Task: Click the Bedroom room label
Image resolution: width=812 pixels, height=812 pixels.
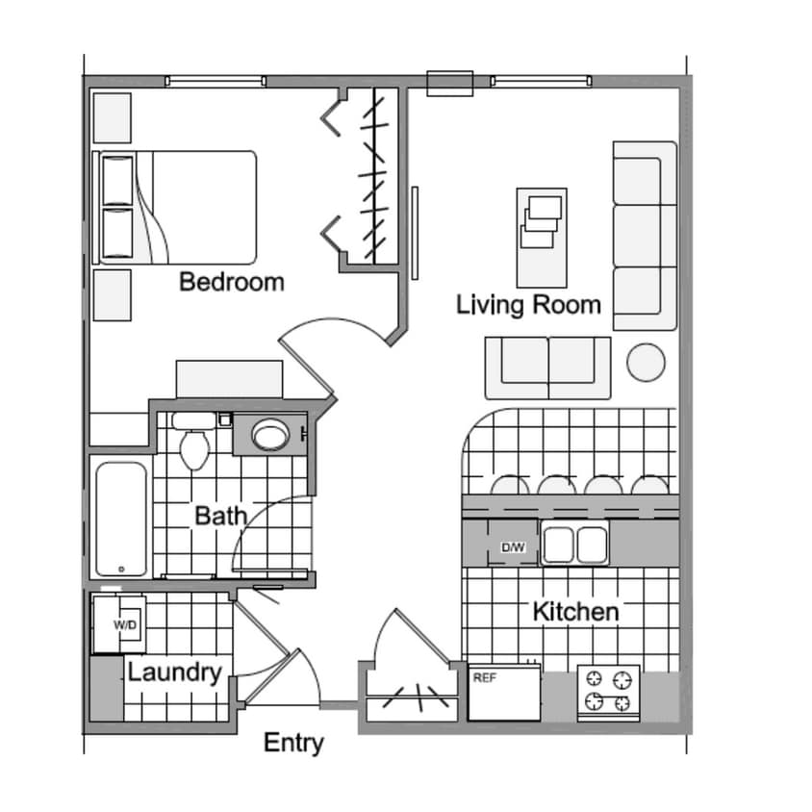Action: click(232, 282)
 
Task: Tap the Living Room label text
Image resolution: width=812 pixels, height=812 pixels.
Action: click(528, 305)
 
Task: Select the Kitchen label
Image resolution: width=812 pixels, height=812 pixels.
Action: click(575, 611)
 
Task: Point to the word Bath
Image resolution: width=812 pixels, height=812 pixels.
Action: click(220, 516)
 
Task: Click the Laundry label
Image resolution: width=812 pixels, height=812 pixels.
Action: click(175, 672)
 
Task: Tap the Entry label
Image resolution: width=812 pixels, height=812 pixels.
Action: click(293, 743)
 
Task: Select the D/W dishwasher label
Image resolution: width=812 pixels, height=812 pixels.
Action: click(513, 547)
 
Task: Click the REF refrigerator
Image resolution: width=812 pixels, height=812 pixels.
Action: click(504, 692)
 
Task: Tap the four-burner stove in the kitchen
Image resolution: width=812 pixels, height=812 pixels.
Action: click(608, 692)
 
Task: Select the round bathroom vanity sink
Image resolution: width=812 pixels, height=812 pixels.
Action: click(268, 436)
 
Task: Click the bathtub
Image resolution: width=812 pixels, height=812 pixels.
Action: click(121, 519)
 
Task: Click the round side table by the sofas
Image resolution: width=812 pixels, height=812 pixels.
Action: click(646, 363)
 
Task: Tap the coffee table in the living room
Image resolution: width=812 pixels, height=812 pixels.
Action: click(541, 237)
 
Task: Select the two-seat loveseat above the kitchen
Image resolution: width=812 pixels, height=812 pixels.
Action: click(547, 367)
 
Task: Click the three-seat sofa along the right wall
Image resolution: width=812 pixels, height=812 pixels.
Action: click(644, 236)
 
